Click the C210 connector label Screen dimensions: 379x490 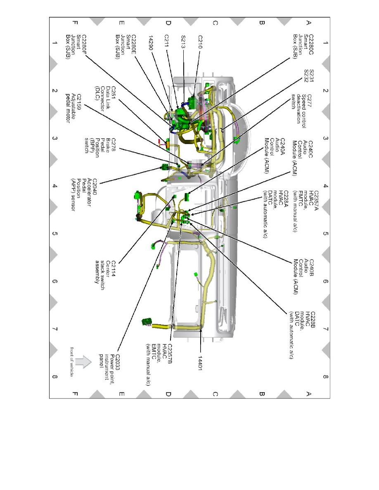point(200,42)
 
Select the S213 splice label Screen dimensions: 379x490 point(183,42)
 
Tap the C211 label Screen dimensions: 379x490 point(167,41)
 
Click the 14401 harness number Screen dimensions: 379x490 point(200,363)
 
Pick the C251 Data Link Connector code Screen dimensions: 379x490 point(113,92)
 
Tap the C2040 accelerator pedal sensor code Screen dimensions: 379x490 point(95,187)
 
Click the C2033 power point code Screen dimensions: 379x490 point(118,362)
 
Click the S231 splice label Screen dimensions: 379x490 point(311,75)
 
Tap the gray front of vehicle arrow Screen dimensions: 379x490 point(83,362)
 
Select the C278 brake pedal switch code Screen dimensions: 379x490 point(113,145)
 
